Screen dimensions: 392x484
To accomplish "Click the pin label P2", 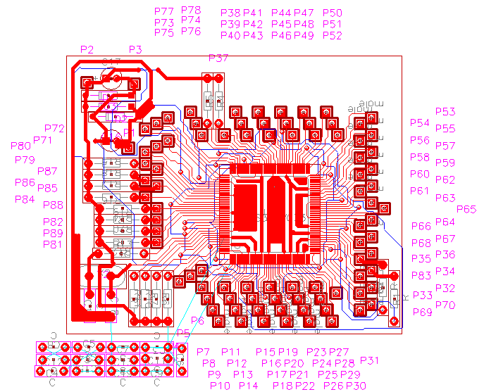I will pos(87,49).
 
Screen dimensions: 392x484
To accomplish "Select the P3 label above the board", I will pos(135,49).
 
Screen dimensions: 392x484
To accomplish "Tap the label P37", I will pos(218,58).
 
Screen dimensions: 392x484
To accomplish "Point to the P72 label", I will pos(54,129).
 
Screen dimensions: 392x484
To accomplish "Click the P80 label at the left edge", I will pos(20,146).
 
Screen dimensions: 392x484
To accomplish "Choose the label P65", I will pos(466,209).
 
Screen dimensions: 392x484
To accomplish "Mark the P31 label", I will pos(369,361).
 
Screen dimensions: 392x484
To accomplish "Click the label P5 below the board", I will pos(182,333).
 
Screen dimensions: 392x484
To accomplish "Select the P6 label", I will pos(197,321).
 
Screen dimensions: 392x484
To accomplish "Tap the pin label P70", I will pos(445,305).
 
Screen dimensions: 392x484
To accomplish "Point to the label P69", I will pos(423,312).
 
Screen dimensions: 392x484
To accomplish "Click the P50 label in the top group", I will pos(333,13).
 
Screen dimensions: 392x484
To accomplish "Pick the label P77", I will pos(163,11).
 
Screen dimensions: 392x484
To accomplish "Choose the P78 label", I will pos(191,11).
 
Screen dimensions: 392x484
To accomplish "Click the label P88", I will pos(53,206).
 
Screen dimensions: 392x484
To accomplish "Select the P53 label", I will pos(445,112).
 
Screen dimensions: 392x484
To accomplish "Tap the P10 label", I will pos(220,386).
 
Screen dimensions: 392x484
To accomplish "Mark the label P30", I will pos(356,386).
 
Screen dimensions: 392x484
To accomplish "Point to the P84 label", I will pos(25,199).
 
